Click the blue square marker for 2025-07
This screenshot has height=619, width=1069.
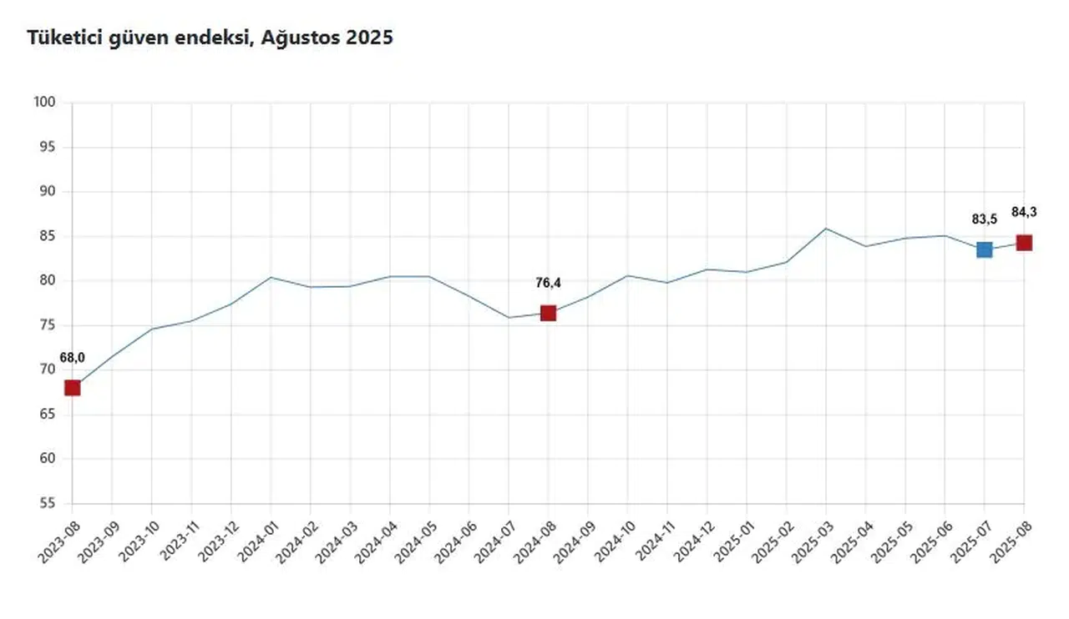pyautogui.click(x=984, y=249)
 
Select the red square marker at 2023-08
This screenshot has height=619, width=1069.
pyautogui.click(x=73, y=387)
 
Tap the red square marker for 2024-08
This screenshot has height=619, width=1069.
pyautogui.click(x=548, y=313)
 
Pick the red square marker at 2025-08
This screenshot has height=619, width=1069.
pyautogui.click(x=1024, y=243)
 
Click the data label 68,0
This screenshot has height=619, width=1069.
pyautogui.click(x=72, y=358)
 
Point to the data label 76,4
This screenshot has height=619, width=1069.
pyautogui.click(x=548, y=284)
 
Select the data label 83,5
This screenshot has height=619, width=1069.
pyautogui.click(x=984, y=219)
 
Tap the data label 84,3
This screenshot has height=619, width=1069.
pyautogui.click(x=1024, y=212)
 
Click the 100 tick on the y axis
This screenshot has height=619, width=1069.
pyautogui.click(x=44, y=103)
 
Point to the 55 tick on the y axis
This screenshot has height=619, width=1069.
pyautogui.click(x=47, y=503)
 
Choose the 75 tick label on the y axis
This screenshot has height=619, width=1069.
pyautogui.click(x=47, y=325)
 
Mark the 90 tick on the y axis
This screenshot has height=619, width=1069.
pyautogui.click(x=47, y=192)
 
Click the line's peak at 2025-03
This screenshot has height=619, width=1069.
pyautogui.click(x=826, y=228)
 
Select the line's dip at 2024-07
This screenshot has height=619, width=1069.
pyautogui.click(x=509, y=317)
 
